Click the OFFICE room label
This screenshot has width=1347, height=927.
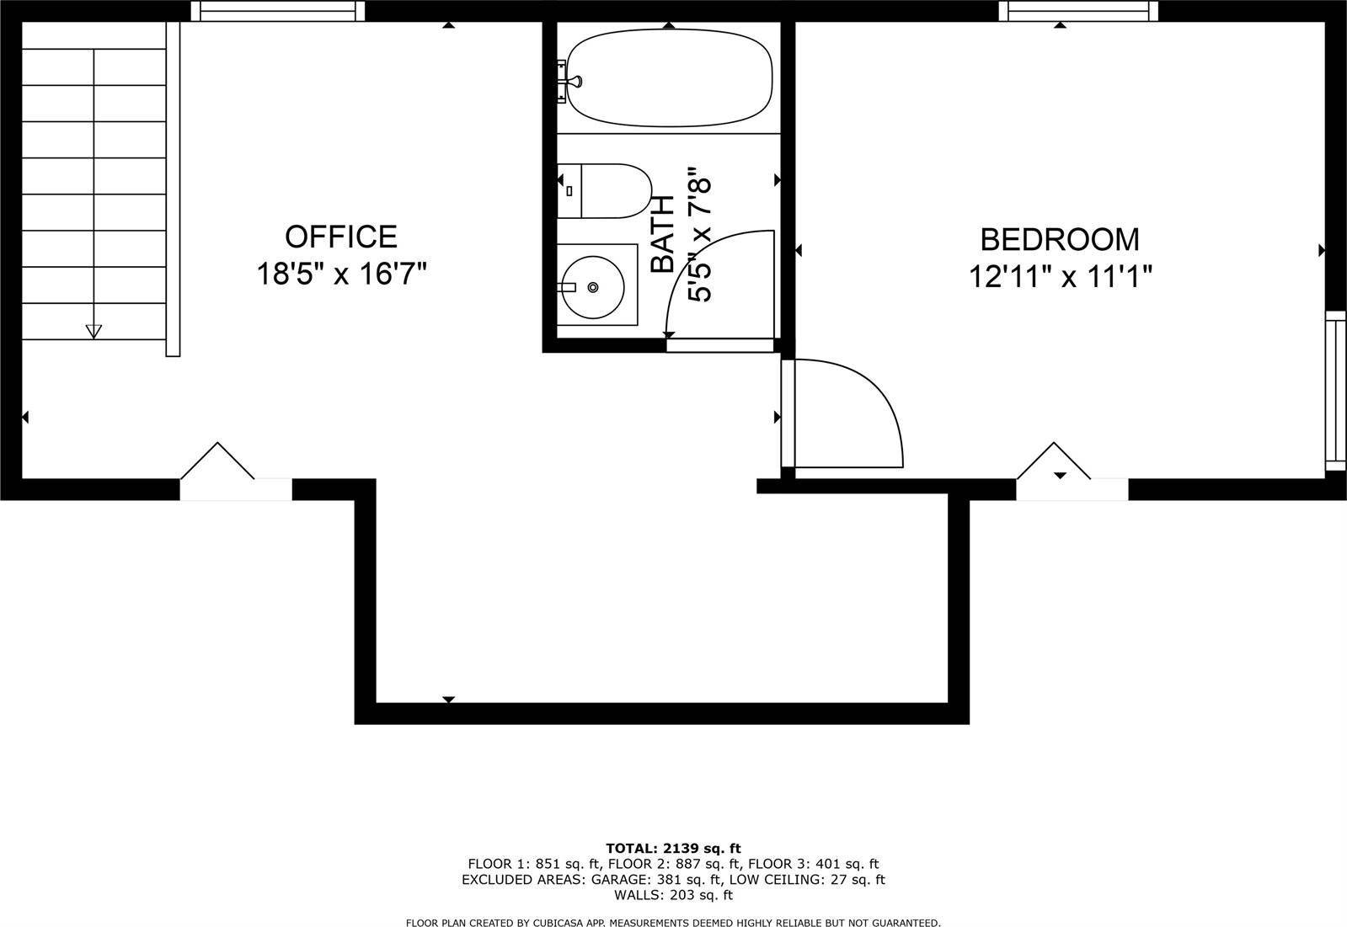click(340, 237)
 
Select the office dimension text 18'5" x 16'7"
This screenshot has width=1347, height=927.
click(341, 274)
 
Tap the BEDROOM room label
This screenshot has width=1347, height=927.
click(1060, 240)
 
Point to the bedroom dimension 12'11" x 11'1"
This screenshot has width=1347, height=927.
click(1060, 276)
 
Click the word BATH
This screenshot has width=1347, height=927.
click(663, 234)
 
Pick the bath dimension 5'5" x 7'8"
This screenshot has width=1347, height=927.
click(701, 238)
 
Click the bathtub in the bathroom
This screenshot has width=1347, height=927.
click(669, 78)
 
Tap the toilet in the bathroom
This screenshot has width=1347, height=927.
click(605, 191)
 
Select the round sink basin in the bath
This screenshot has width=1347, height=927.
click(593, 287)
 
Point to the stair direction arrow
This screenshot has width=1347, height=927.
click(94, 331)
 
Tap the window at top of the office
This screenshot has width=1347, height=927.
click(278, 11)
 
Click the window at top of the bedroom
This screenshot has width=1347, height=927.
click(1078, 11)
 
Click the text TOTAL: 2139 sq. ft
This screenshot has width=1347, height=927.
click(673, 848)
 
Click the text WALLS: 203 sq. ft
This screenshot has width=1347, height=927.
click(673, 895)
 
